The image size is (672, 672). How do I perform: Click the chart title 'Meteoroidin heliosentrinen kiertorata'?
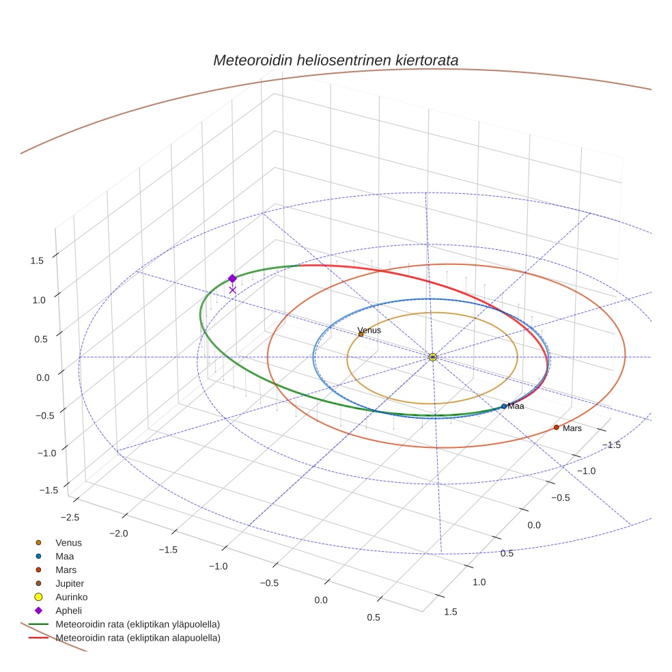click(335, 60)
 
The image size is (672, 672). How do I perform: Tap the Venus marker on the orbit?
click(361, 334)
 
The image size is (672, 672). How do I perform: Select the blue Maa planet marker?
click(504, 406)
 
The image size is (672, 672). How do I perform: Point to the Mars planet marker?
click(557, 428)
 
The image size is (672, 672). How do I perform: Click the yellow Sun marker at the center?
click(433, 356)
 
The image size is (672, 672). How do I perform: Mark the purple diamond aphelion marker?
click(232, 279)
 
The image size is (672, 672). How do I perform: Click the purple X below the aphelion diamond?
click(232, 290)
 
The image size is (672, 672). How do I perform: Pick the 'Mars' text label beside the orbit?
click(572, 428)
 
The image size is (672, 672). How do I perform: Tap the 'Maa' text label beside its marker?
click(516, 406)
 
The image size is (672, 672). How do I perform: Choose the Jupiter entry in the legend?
click(70, 584)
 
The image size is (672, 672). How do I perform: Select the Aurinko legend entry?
click(71, 597)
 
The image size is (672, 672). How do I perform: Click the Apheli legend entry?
click(68, 611)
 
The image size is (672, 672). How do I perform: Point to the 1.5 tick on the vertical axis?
click(38, 260)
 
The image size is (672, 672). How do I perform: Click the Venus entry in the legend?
click(68, 543)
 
